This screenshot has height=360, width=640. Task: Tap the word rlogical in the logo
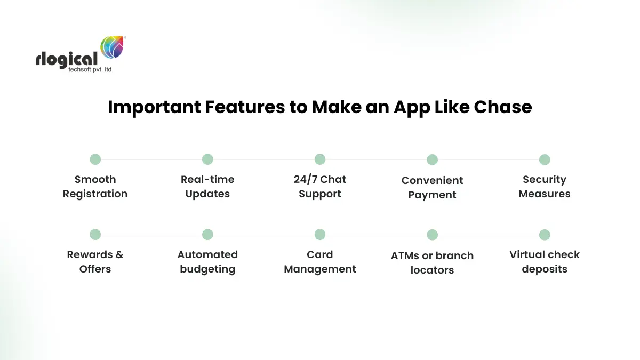67,59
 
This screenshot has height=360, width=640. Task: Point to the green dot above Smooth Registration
95,159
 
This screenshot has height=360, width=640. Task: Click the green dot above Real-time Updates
207,159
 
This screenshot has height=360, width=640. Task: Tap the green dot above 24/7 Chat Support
320,159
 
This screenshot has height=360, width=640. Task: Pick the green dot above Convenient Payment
433,159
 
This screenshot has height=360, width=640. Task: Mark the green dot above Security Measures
545,159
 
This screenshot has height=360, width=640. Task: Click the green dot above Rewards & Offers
95,234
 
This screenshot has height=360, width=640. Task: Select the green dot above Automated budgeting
207,234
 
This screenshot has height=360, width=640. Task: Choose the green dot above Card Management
320,234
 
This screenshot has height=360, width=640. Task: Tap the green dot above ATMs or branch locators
433,235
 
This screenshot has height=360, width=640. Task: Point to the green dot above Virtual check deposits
545,234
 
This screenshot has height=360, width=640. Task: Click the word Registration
95,194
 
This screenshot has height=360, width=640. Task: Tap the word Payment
433,195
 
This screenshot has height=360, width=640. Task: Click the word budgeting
207,269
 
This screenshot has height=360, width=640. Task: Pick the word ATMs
405,255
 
